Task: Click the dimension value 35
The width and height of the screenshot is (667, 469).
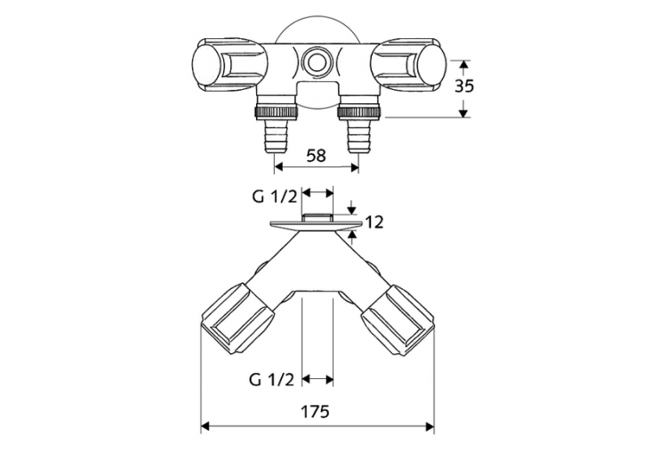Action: coord(463,87)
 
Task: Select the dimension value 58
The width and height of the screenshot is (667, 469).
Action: coord(316,155)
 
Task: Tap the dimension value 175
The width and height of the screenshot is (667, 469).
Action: coord(316,412)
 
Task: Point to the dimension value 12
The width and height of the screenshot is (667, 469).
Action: coord(374,222)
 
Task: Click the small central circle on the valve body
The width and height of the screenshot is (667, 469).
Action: coord(316,62)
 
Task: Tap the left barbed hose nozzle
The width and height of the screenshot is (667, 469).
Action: coord(276,139)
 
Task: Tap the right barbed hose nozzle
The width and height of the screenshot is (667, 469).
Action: coord(358,139)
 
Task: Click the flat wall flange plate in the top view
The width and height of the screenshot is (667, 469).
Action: coord(316,223)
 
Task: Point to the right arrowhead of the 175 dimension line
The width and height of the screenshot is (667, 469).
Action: coord(429,427)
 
